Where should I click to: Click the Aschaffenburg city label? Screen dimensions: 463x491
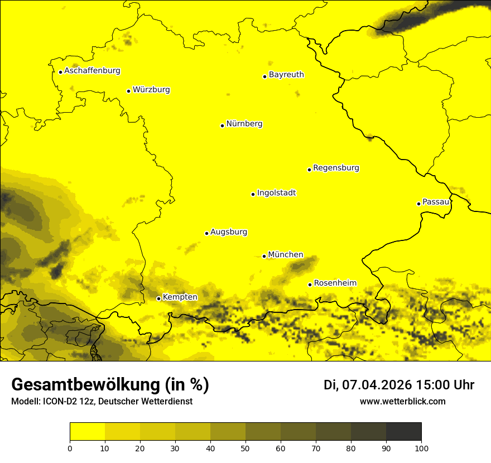92,71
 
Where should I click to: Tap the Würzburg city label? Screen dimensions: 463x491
151,90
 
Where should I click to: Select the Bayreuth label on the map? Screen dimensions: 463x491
286,75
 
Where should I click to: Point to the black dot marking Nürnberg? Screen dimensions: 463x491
222,126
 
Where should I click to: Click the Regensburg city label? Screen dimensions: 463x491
336,168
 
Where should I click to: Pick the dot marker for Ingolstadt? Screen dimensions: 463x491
253,194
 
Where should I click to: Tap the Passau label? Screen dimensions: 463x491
436,202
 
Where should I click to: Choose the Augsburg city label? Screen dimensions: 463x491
229,232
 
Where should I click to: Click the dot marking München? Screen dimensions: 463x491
264,256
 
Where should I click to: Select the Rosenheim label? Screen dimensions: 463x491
335,283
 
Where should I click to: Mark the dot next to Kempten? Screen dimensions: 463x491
158,298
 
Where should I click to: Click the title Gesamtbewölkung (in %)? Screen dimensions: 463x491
110,385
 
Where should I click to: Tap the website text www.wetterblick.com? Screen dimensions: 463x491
402,402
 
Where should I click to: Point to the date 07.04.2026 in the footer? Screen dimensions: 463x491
377,385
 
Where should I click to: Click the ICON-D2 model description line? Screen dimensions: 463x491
102,402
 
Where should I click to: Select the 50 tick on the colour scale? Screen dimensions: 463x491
245,448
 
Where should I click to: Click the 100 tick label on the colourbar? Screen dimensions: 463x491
421,448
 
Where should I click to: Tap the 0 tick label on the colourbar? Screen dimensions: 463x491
70,448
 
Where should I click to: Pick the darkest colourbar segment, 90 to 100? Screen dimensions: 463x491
403,432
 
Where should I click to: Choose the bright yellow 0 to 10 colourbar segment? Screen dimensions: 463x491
87,432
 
